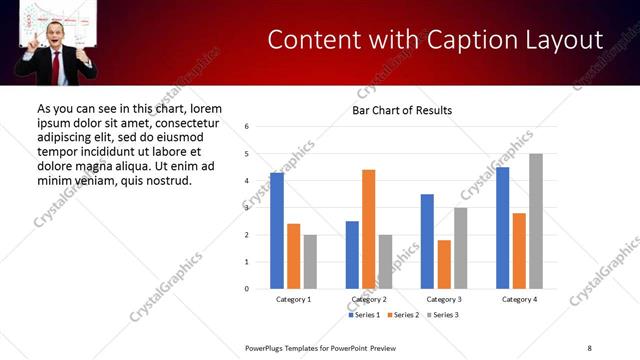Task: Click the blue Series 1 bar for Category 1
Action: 277,231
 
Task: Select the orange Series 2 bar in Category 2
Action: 369,229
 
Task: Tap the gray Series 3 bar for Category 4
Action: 536,221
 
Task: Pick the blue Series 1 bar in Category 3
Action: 428,241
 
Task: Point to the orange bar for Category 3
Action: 444,264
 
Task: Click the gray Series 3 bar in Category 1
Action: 310,262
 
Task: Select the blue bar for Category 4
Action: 503,228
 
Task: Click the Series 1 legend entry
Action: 365,315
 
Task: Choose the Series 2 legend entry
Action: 403,315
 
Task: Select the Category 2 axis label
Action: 369,300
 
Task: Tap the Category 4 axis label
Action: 519,300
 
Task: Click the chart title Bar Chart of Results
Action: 402,110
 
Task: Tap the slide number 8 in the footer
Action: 589,347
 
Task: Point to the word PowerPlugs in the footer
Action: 265,347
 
